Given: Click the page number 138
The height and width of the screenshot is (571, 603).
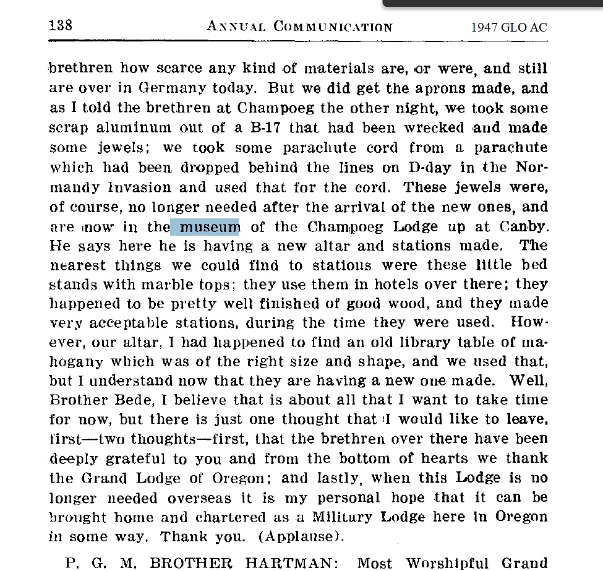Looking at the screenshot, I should (60, 25).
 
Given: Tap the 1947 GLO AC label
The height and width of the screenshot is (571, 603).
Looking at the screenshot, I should (508, 27).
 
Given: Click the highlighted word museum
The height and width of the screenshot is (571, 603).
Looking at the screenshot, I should (205, 227).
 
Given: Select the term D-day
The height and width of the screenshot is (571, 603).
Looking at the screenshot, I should (430, 168).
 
